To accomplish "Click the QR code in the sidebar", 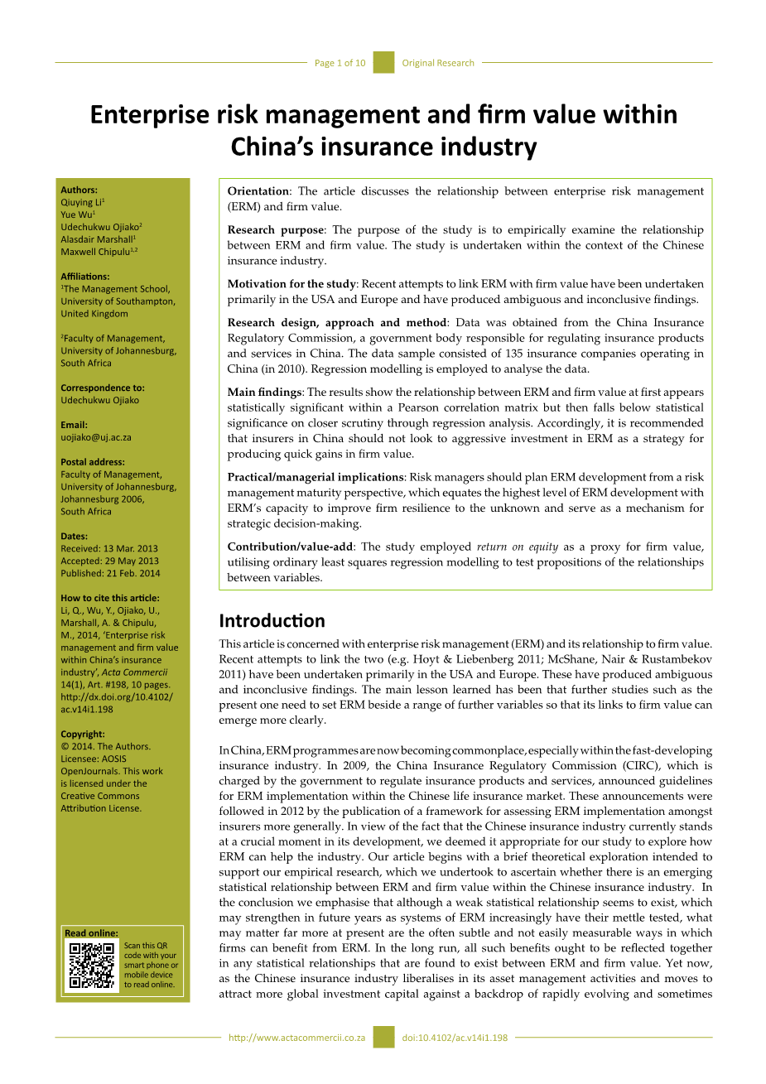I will (91, 965).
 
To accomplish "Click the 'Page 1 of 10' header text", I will (340, 63).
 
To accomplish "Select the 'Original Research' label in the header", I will (438, 63).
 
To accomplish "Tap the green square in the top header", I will (383, 62).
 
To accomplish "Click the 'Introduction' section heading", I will (272, 620).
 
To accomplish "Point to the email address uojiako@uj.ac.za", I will (96, 437).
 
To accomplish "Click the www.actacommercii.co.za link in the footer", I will (296, 1038).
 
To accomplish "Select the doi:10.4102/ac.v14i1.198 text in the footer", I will (455, 1038).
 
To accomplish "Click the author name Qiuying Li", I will (81, 202).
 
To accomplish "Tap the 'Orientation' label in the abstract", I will (258, 191).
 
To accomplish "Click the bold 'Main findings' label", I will (264, 393).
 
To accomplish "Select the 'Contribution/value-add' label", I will (290, 547).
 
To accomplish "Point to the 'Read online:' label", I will (91, 933).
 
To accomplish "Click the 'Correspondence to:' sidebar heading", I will (102, 388).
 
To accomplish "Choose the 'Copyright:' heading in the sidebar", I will (83, 734).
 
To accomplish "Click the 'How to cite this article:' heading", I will (110, 598).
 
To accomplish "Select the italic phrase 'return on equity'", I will (517, 547).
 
